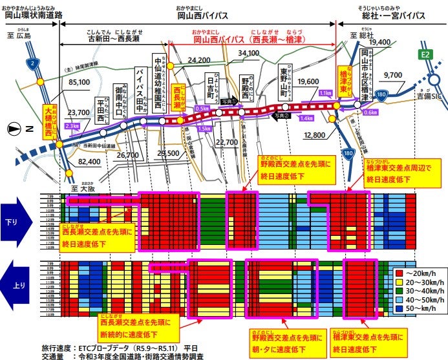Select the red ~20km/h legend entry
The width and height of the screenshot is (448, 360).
(x=416, y=273)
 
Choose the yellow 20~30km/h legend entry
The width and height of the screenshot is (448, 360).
(x=416, y=283)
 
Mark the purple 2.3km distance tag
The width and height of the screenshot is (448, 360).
(x=72, y=125)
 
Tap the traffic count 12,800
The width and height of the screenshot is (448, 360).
(x=314, y=135)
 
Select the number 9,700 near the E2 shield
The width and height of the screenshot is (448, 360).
(x=392, y=75)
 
